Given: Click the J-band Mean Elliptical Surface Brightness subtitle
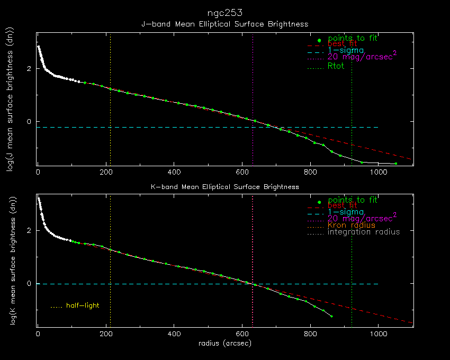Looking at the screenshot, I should [224, 24].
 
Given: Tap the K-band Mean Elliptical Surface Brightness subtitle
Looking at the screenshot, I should [224, 186].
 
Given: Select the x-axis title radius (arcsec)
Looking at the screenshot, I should [224, 344].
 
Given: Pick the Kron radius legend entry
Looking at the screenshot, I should [351, 225].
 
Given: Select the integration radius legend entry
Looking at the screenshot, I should [363, 232].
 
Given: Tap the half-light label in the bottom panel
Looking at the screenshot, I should [83, 305].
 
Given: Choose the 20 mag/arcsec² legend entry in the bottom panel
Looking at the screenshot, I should [362, 218].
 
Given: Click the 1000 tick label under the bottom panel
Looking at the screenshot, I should [377, 335].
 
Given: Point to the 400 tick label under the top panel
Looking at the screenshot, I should [174, 173].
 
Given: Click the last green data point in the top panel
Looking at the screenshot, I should [395, 164].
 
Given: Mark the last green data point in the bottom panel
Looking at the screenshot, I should [331, 316].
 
